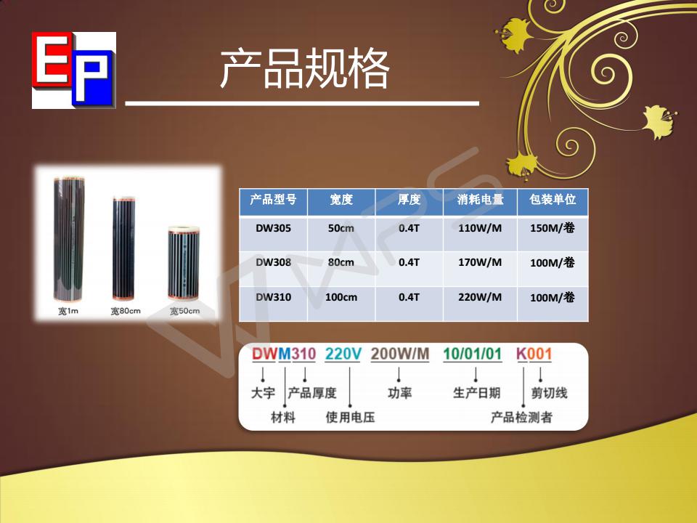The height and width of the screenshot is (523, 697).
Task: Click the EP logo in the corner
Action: (x=73, y=70)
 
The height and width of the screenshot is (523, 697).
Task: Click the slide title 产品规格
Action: (x=304, y=70)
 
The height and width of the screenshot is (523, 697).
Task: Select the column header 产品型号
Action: (x=273, y=200)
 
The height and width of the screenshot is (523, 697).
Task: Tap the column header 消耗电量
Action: (x=480, y=200)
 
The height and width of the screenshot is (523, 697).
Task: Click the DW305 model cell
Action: (x=273, y=228)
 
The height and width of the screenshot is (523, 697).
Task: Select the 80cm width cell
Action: (x=341, y=262)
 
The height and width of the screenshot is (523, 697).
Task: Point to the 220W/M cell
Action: (x=480, y=297)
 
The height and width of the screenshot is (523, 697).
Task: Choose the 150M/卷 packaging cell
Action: (x=553, y=228)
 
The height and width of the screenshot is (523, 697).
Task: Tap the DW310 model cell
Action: (x=273, y=297)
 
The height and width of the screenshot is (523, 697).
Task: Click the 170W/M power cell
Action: (x=480, y=262)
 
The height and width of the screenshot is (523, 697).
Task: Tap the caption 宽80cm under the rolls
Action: (x=125, y=312)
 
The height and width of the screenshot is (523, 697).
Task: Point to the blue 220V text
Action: (x=343, y=354)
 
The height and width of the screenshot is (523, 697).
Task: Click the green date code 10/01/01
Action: (x=472, y=354)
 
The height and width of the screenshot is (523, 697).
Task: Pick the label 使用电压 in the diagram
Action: (x=350, y=418)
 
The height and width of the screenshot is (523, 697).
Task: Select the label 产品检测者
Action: (x=521, y=418)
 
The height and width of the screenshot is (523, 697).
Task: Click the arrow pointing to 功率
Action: (x=399, y=373)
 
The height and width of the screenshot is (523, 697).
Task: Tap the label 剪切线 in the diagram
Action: (x=549, y=393)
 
